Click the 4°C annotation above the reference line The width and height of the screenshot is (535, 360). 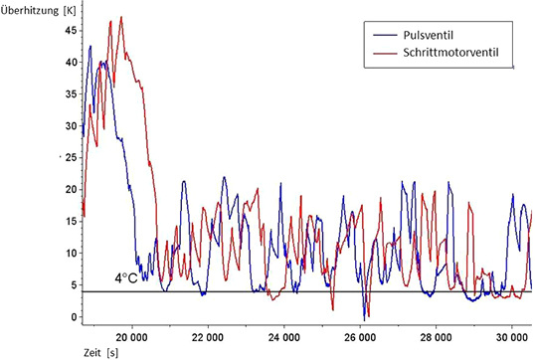(x=125, y=279)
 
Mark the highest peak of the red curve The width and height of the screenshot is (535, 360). (x=121, y=17)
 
